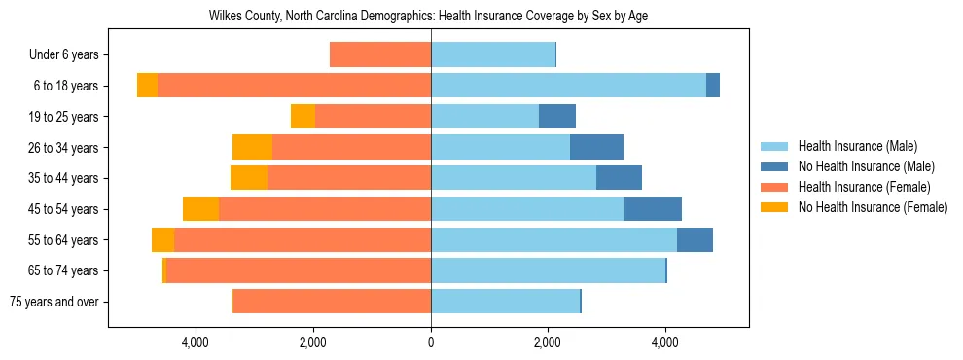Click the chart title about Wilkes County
[429, 17]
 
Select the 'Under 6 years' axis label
[63, 55]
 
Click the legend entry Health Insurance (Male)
[857, 147]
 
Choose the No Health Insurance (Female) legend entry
[873, 207]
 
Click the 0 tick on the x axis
[431, 342]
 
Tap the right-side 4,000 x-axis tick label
[665, 342]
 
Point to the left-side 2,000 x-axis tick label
[313, 342]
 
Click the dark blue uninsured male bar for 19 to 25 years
[557, 117]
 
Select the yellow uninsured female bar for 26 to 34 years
[252, 147]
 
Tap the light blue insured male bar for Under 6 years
[493, 55]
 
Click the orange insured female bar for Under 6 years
[380, 55]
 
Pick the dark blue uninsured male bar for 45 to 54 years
[653, 209]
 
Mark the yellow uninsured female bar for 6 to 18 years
[147, 86]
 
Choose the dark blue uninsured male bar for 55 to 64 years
[695, 239]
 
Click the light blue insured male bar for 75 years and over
[505, 302]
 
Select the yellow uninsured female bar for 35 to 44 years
[249, 178]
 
